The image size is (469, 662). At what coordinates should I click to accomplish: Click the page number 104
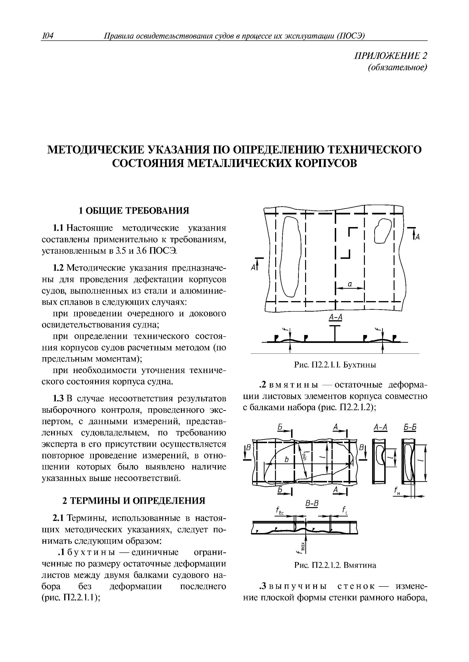[x=48, y=36]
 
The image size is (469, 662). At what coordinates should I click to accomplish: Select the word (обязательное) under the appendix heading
[x=397, y=67]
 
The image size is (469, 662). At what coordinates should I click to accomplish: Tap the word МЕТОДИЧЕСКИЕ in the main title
[x=95, y=150]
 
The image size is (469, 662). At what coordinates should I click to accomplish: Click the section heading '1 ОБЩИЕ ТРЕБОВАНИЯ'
[x=134, y=211]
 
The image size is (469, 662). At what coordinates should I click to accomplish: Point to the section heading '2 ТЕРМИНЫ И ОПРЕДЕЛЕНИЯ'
[x=134, y=501]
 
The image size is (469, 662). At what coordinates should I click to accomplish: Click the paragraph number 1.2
[x=58, y=268]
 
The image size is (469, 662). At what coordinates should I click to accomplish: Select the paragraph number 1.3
[x=58, y=399]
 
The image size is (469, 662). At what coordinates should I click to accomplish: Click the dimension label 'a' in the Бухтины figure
[x=349, y=284]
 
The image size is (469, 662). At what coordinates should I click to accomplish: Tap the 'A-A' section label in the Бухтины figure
[x=335, y=317]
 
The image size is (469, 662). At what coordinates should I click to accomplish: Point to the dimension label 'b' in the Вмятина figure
[x=286, y=460]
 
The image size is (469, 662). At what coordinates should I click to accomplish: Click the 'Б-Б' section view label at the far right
[x=409, y=428]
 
